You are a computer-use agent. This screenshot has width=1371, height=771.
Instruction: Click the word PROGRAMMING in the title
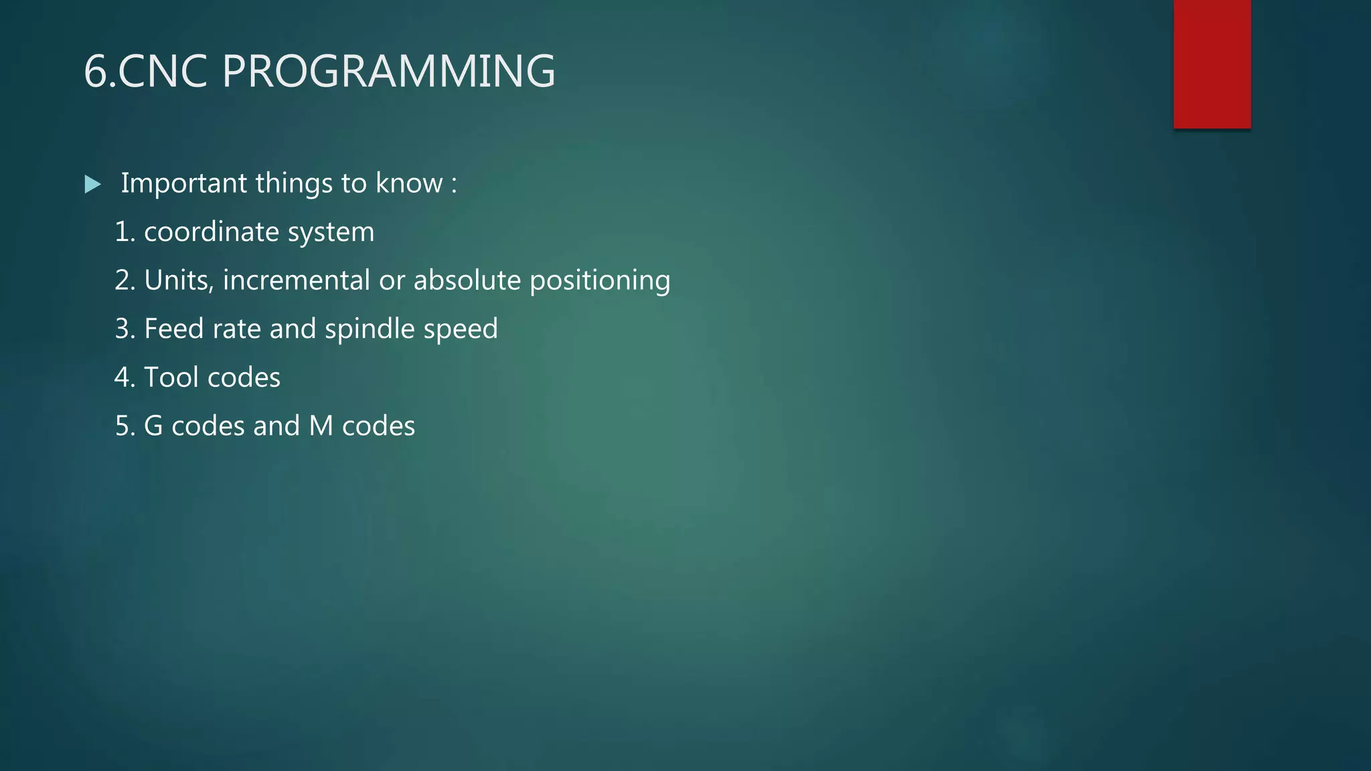point(388,71)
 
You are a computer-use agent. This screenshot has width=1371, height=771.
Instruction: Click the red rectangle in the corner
point(1212,64)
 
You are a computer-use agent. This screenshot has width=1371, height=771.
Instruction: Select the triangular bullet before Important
point(93,184)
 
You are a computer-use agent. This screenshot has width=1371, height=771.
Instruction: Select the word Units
point(178,280)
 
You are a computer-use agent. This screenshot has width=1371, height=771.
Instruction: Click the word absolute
point(467,280)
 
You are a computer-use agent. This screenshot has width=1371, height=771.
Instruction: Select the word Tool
point(171,377)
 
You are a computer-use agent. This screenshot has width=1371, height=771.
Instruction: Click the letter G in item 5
point(153,426)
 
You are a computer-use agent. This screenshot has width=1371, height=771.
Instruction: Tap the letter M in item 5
point(321,426)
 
